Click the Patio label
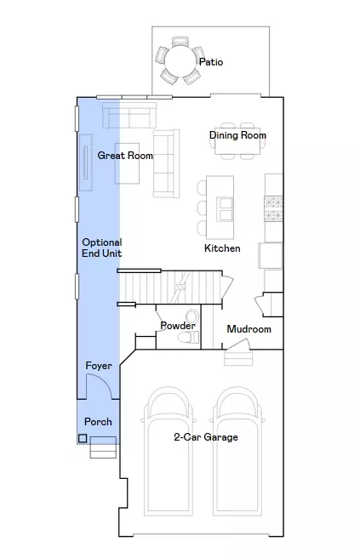[x=211, y=62]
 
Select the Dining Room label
[x=237, y=135]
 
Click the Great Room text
[x=125, y=156]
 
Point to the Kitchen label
[x=222, y=248]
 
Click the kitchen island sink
[x=225, y=209]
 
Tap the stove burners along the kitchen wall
[x=273, y=208]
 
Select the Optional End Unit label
[x=102, y=248]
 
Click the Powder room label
[x=178, y=325]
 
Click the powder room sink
[x=192, y=316]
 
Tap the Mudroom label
[x=249, y=329]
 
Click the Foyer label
[x=99, y=366]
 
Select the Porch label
[x=98, y=422]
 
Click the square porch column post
[x=83, y=438]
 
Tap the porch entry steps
[x=103, y=447]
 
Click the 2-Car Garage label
[x=206, y=437]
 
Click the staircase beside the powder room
[x=170, y=287]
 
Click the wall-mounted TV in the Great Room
[x=85, y=162]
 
